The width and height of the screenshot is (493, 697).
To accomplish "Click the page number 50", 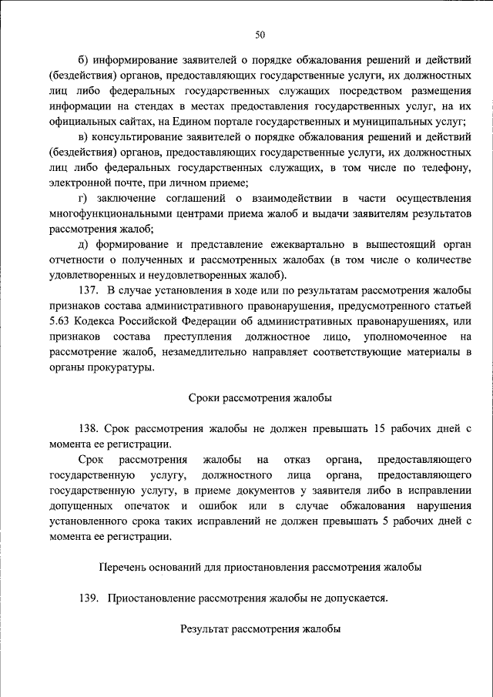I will [260, 33].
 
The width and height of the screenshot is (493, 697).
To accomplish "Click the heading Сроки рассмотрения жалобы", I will [260, 398].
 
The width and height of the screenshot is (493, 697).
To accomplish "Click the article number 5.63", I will [60, 323].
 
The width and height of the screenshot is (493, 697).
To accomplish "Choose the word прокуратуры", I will [119, 368].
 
